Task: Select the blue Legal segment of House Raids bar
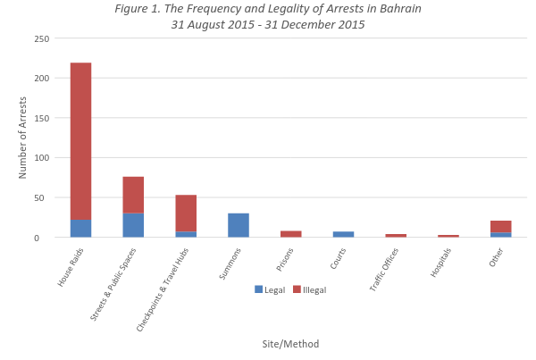point(80,228)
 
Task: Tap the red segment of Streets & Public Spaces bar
point(133,195)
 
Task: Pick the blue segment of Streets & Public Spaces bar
point(133,225)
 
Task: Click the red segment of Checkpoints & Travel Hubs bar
point(186,213)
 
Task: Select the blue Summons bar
point(239,225)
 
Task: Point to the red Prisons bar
point(291,234)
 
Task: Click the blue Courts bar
point(343,234)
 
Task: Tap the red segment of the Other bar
point(501,226)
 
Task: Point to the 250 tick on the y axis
point(42,39)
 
